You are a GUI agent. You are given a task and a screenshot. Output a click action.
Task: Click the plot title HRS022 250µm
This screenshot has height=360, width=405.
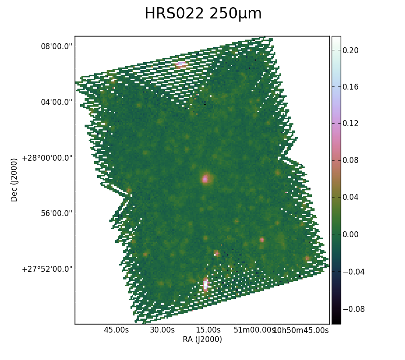tap(203, 13)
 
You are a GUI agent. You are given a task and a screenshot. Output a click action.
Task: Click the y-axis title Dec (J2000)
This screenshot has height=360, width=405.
tap(14, 180)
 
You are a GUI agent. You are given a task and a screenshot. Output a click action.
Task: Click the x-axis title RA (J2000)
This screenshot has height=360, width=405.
tap(202, 339)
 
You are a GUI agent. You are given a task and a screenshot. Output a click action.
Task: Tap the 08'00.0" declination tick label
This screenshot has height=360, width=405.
tap(57, 46)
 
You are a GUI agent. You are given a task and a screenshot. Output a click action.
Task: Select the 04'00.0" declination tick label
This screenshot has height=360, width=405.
tap(57, 102)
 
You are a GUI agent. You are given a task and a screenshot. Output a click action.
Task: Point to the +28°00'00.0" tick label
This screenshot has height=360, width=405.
tap(47, 158)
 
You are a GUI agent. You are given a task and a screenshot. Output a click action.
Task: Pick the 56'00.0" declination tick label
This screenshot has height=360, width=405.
tap(57, 213)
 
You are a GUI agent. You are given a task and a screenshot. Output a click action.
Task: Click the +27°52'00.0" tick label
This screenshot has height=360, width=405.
tap(47, 269)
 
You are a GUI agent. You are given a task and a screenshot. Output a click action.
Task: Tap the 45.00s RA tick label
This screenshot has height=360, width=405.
tap(116, 330)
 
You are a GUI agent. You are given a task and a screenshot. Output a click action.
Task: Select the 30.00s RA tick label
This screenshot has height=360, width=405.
tap(162, 330)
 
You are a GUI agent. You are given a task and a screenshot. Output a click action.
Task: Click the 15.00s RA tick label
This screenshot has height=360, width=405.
tap(208, 330)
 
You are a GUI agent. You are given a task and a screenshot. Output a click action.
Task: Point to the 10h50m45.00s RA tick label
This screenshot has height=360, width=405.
tap(301, 330)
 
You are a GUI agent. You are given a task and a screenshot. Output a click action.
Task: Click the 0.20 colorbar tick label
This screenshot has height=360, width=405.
tap(351, 50)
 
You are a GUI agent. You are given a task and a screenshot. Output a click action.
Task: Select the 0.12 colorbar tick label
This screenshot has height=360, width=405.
tap(351, 123)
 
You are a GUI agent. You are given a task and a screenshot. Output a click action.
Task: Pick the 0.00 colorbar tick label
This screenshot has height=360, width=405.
tap(351, 234)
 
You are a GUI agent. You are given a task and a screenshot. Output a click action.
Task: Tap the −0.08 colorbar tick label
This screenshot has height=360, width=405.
tap(354, 309)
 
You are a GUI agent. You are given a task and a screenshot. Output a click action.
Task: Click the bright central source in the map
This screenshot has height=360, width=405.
tap(205, 179)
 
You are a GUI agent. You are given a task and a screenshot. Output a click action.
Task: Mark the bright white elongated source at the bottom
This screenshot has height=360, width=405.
tap(206, 284)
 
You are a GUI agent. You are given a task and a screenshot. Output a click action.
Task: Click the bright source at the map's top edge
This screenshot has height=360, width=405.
tap(181, 64)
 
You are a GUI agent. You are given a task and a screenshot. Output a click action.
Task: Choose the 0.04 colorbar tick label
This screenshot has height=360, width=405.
tap(351, 197)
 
